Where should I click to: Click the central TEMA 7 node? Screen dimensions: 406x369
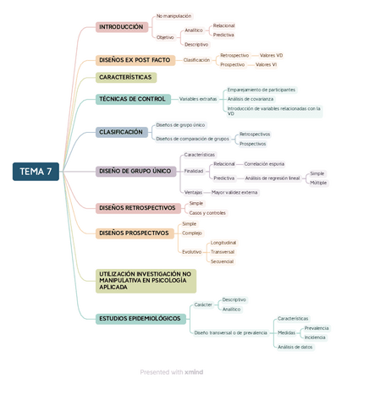coord(36,173)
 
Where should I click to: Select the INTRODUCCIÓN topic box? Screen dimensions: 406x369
coord(120,27)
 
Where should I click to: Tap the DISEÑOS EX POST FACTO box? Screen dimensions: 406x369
coord(135,60)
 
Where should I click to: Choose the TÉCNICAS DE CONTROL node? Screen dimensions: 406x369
coord(132,99)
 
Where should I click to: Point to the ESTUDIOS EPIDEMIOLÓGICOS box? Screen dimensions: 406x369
coord(140,318)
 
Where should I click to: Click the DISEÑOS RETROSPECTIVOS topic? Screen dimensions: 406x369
coord(136,207)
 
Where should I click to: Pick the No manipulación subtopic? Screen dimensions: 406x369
coord(173,16)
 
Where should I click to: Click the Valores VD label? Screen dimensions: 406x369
coord(271,55)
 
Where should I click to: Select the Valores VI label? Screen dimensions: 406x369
coord(266,64)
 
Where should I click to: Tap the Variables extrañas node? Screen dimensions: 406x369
coord(198,99)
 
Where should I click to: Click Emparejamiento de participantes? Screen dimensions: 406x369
coord(262,90)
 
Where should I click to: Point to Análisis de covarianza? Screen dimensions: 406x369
coord(251,99)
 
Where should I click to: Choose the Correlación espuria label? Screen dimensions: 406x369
coord(264,163)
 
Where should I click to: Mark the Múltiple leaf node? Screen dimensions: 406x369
coord(318,183)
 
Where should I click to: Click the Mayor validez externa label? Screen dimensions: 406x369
coord(234,192)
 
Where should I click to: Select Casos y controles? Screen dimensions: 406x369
coord(207,213)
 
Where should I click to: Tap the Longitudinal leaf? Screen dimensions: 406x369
coord(223,243)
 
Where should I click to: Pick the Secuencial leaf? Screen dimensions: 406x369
coord(222,261)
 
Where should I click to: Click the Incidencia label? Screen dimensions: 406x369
coord(315,337)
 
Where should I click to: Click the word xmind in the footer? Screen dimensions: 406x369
coord(194,372)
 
